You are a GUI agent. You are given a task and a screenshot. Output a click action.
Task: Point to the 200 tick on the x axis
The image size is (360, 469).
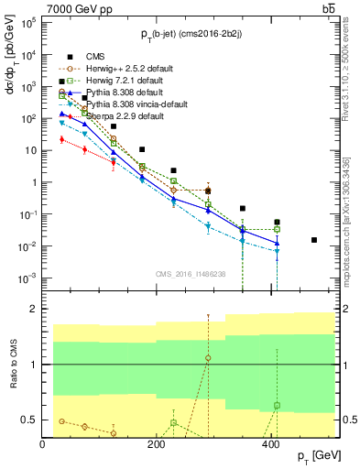[157, 443]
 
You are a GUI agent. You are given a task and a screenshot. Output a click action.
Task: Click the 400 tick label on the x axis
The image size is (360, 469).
[270, 443]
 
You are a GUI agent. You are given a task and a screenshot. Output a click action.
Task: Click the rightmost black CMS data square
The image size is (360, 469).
[314, 240]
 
